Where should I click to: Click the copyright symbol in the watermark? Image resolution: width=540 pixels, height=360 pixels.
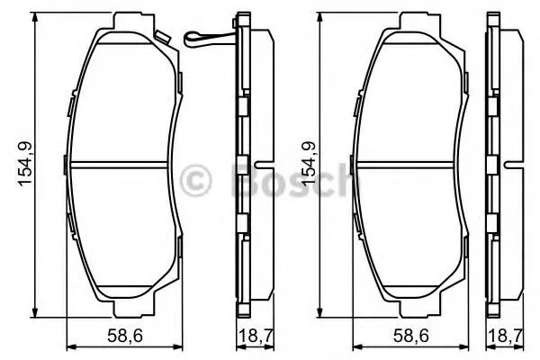pos(195,179)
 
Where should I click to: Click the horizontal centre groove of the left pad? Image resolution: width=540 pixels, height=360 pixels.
pos(123,164)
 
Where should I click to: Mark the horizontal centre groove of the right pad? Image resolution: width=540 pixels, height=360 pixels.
pos(409,164)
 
